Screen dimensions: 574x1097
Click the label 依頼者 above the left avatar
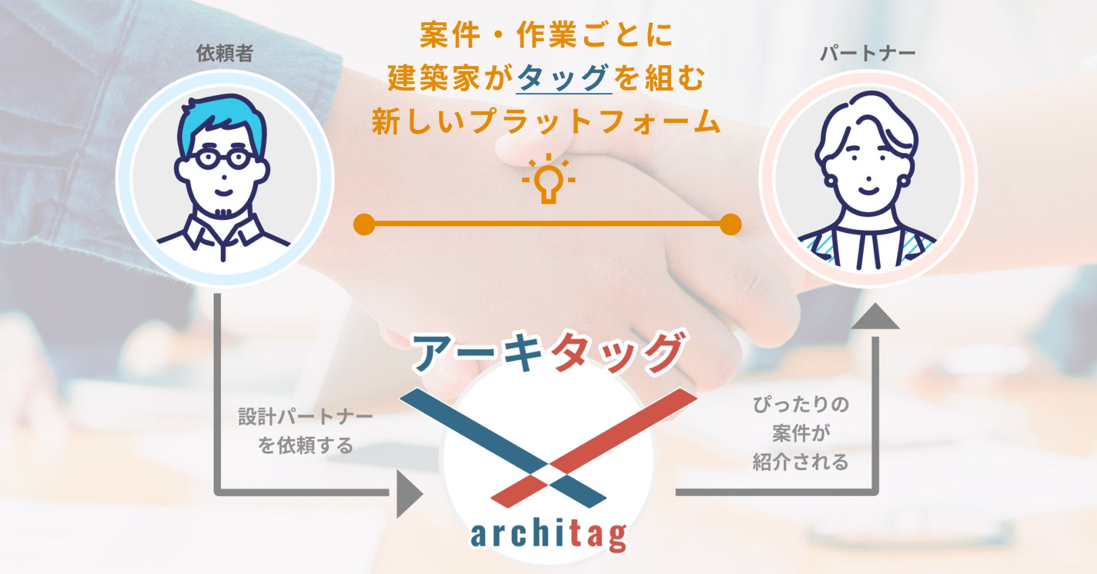(225, 54)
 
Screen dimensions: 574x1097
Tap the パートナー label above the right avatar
(867, 54)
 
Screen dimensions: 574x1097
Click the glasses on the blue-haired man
(222, 158)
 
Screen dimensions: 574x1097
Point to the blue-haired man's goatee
(223, 212)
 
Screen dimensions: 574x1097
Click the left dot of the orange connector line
(365, 224)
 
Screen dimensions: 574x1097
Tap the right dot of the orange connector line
(730, 224)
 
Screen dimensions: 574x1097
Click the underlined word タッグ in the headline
(563, 78)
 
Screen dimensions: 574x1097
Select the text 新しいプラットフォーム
(546, 122)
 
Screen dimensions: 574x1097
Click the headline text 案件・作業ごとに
(546, 35)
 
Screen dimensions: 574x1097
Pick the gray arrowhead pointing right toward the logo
(409, 493)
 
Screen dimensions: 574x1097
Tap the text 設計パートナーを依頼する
(305, 431)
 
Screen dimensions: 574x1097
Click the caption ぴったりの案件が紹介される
(800, 433)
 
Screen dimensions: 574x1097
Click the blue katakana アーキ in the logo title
(477, 353)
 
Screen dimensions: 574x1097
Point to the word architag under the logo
(548, 534)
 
